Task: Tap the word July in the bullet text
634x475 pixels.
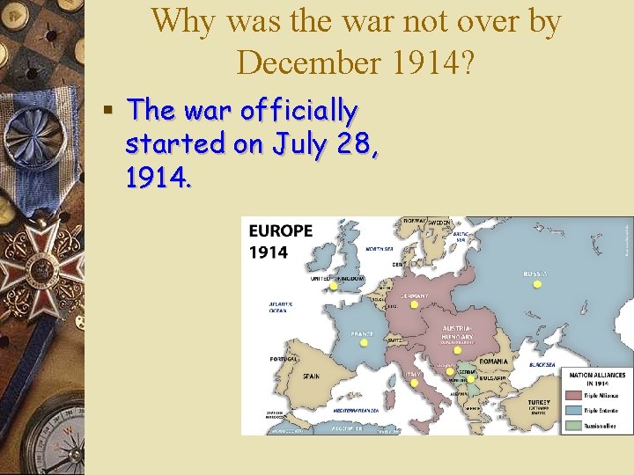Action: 294,142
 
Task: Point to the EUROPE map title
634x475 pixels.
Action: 280,231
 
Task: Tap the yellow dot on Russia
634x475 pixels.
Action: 536,284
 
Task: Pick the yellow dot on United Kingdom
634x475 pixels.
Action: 333,286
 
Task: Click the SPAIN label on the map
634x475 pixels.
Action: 311,376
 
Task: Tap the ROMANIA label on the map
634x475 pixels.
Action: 494,362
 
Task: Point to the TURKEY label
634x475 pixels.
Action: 539,402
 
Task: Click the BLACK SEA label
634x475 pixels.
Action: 542,364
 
